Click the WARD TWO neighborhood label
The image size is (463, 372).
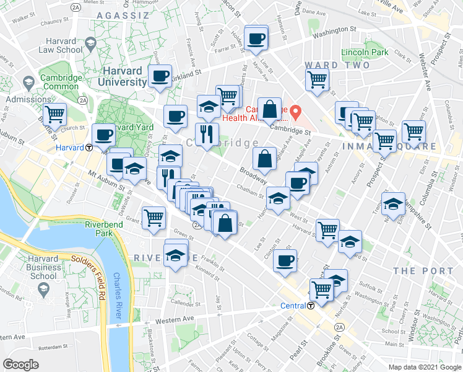click(x=337, y=65)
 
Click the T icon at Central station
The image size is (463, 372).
click(x=311, y=305)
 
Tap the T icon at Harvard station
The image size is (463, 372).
click(x=89, y=148)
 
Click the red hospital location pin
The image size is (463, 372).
click(x=296, y=113)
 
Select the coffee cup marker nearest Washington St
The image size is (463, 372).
click(x=256, y=39)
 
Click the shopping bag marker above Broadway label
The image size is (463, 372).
click(x=265, y=159)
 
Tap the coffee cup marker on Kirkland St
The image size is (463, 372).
click(x=160, y=77)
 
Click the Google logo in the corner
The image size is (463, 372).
click(x=21, y=364)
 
